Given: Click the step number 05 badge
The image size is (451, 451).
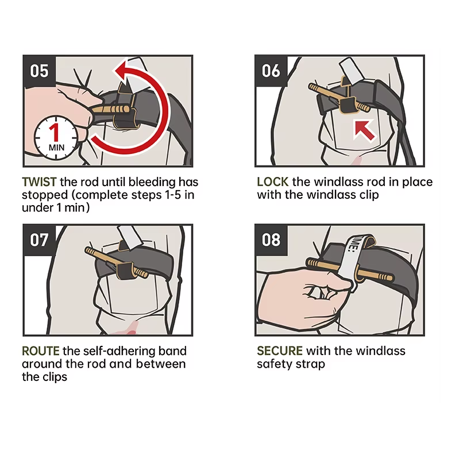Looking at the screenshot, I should [39, 71].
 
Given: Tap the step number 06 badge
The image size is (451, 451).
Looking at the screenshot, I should [271, 71].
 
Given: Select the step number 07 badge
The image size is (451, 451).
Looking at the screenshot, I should [39, 240].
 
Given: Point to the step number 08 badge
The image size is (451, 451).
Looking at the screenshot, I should [271, 240].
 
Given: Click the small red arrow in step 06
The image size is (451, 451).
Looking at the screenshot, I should [364, 129].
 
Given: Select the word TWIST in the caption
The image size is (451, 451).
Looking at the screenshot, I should [39, 182].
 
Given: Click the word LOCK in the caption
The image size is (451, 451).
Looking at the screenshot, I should [273, 182].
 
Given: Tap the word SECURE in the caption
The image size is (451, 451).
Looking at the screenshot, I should [280, 351].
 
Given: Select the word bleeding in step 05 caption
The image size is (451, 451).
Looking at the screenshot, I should [149, 182].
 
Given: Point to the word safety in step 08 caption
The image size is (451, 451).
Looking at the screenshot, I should [273, 364].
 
